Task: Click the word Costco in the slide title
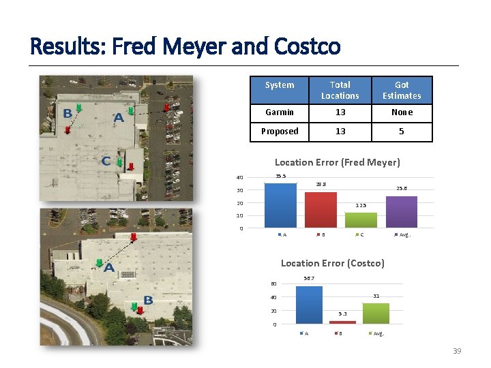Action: click(307, 46)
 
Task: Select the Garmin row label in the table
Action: click(280, 112)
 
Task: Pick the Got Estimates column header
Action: click(402, 90)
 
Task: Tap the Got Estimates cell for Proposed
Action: click(402, 132)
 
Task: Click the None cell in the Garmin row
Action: click(402, 112)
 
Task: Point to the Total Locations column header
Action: click(340, 90)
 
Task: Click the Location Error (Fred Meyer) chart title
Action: click(337, 162)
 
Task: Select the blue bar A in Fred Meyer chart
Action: click(280, 205)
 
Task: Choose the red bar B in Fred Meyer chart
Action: click(321, 210)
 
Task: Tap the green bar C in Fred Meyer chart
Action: click(361, 219)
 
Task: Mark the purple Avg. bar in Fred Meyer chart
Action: click(402, 211)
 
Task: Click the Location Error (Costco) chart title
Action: click(333, 263)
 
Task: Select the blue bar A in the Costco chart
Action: click(309, 305)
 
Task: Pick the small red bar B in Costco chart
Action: click(342, 322)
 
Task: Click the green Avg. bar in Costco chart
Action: click(376, 313)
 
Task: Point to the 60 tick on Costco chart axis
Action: click(273, 284)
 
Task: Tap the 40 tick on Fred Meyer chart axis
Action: click(240, 178)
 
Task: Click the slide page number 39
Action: click(457, 351)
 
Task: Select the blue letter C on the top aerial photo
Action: click(106, 162)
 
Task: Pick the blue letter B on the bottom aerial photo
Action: click(148, 301)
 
